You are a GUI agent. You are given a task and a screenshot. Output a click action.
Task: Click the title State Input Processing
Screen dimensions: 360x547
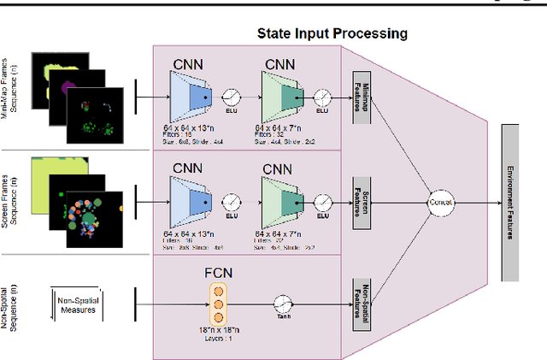pos(332,34)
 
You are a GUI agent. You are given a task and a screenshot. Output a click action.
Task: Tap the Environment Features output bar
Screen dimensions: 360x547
pos(510,202)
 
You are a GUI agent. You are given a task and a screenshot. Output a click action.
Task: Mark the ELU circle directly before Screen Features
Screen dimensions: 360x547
pos(323,201)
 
